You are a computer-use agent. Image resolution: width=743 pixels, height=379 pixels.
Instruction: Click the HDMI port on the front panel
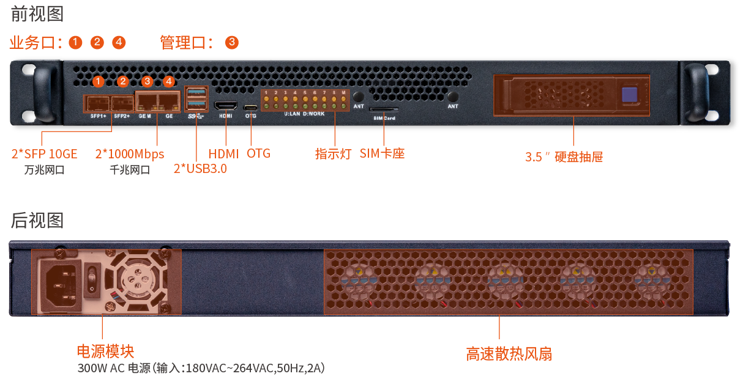tap(226, 106)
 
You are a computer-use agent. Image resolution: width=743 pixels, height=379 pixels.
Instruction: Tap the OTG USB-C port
tap(251, 108)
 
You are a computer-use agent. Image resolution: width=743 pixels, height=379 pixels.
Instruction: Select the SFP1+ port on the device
tap(97, 103)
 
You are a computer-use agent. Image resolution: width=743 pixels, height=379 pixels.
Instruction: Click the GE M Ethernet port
tap(147, 102)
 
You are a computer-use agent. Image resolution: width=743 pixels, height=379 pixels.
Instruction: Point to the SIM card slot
tap(384, 109)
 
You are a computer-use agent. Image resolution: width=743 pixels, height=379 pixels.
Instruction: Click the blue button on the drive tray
tap(630, 95)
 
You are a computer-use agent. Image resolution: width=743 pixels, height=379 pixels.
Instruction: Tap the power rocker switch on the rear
tap(92, 279)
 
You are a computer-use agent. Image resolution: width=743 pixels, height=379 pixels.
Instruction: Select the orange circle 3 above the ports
tap(147, 81)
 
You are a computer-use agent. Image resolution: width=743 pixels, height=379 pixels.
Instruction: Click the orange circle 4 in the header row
tap(119, 42)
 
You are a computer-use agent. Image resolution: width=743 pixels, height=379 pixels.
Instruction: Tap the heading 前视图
tap(37, 14)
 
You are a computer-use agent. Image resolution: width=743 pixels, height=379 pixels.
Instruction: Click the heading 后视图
tap(37, 221)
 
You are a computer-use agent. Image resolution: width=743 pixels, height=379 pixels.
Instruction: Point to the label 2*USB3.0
tap(200, 169)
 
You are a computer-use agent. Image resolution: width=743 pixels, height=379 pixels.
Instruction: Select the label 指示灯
tap(333, 153)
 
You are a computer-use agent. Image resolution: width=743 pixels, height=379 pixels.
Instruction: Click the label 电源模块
tap(105, 351)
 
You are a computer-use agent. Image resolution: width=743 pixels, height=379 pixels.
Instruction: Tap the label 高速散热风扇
tap(509, 354)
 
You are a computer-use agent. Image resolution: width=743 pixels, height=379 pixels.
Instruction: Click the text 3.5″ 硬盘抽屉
tap(564, 157)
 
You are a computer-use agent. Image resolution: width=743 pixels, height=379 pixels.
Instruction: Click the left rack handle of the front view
tap(44, 94)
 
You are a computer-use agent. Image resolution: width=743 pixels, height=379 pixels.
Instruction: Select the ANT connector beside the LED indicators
tap(358, 97)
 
